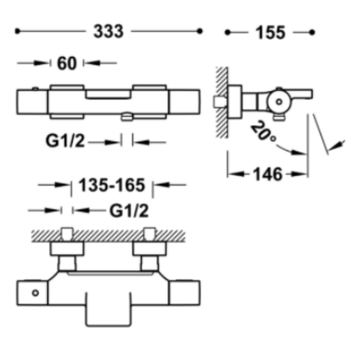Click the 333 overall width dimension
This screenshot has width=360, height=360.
[109, 31]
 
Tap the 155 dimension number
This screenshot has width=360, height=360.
[271, 33]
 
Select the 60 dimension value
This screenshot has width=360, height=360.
[67, 63]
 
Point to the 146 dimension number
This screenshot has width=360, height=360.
[267, 175]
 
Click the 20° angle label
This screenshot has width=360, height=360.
[263, 131]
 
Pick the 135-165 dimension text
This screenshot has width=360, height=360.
[112, 185]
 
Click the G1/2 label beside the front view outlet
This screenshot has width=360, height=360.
[65, 141]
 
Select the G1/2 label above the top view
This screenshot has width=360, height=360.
[129, 211]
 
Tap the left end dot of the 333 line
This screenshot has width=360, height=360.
[17, 31]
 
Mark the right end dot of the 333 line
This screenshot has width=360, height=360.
[200, 31]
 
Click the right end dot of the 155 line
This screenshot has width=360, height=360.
[312, 32]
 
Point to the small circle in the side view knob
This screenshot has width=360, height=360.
[279, 102]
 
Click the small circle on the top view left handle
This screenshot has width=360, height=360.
[35, 293]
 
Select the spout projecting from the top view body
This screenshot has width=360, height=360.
[108, 309]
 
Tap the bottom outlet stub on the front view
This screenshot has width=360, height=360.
[127, 117]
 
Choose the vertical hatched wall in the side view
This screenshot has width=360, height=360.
[222, 103]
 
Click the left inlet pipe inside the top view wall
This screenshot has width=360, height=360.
[67, 234]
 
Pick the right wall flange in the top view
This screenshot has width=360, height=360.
[149, 249]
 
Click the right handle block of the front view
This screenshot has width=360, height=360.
[184, 101]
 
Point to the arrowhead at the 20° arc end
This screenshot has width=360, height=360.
[298, 153]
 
